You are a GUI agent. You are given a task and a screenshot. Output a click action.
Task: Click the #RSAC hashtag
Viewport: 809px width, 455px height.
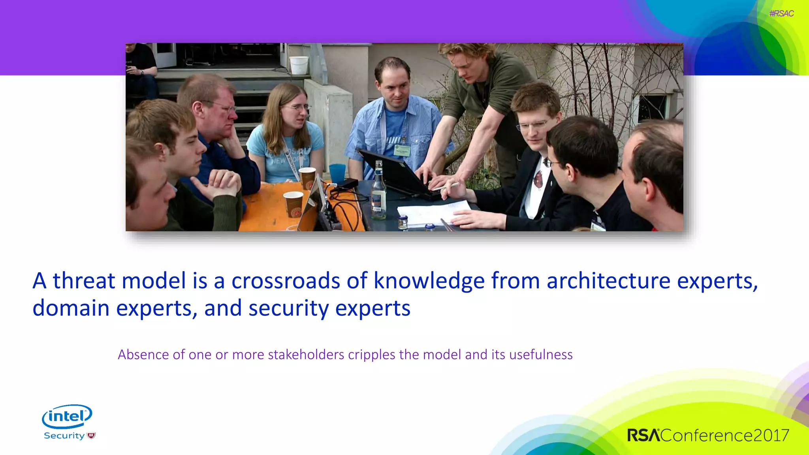point(781,13)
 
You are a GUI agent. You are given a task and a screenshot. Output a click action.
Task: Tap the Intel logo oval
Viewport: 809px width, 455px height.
point(67,416)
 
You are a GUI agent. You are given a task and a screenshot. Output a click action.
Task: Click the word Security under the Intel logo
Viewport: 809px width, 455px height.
point(64,436)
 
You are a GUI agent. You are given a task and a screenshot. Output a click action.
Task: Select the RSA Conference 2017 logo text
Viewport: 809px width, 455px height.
point(708,435)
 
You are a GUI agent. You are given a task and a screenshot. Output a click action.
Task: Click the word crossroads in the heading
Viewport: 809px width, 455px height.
point(286,281)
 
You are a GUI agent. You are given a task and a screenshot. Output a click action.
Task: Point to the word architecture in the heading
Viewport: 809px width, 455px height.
point(608,281)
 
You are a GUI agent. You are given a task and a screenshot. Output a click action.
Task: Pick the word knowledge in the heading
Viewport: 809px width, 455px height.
point(429,281)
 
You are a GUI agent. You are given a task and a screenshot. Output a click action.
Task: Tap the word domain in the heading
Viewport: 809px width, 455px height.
point(71,308)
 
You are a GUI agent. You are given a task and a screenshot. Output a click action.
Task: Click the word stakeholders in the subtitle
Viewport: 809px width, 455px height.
point(306,355)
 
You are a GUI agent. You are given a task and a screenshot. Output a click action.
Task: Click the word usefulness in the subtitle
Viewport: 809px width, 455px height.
point(541,355)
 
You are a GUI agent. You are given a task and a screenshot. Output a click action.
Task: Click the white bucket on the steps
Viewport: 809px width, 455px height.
point(299,65)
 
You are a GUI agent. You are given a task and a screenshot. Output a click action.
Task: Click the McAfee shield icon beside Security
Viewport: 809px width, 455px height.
point(91,436)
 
